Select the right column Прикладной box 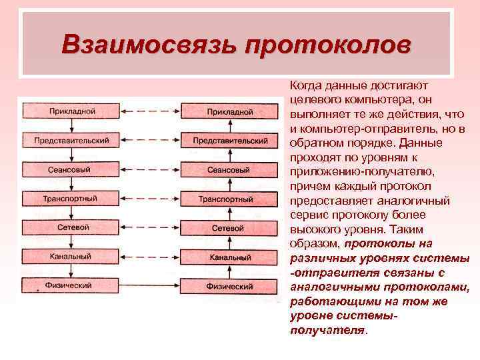pos(229,111)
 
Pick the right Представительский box pos(229,141)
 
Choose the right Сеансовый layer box pos(229,170)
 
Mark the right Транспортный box pos(229,199)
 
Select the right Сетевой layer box pos(229,228)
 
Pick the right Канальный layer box pos(229,257)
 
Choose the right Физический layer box pos(229,286)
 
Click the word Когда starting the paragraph pos(305,86)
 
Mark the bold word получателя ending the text pos(328,331)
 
